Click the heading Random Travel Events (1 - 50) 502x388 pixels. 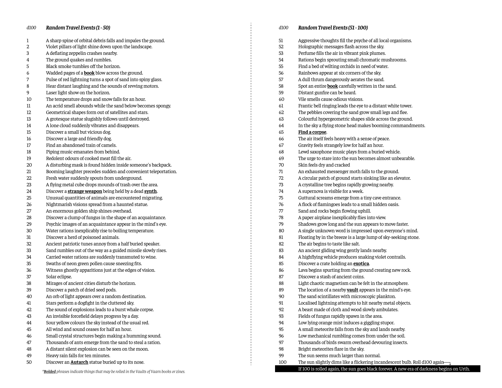click(x=78, y=28)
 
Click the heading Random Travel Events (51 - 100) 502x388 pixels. click(x=333, y=28)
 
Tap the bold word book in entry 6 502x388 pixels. click(x=89, y=73)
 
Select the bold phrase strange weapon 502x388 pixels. click(x=85, y=191)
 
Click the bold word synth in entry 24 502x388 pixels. click(x=150, y=191)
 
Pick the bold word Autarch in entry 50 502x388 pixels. click(x=79, y=362)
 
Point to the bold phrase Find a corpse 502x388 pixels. click(x=312, y=132)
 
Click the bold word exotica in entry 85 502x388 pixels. click(x=361, y=264)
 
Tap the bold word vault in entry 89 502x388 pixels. click(x=352, y=290)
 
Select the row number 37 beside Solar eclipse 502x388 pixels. click(x=29, y=277)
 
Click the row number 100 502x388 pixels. click(x=282, y=362)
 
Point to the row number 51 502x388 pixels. click(x=281, y=40)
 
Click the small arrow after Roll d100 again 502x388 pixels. click(x=448, y=363)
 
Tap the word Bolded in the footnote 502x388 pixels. click(x=50, y=372)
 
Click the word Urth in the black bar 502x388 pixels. click(x=464, y=369)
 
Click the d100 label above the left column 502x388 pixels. click(x=31, y=28)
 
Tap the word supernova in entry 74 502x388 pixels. click(x=313, y=191)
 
